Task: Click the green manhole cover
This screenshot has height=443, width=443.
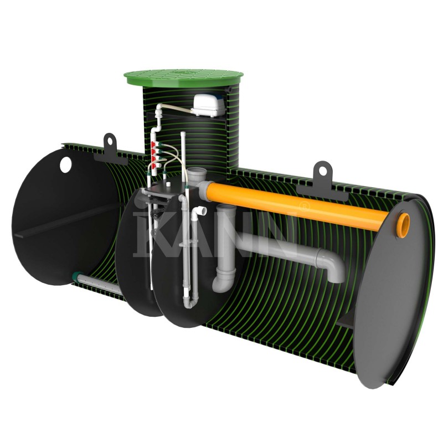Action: pyautogui.click(x=184, y=77)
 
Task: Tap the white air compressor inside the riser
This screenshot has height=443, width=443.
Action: pyautogui.click(x=208, y=106)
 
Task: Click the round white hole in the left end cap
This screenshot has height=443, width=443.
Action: pyautogui.click(x=65, y=164)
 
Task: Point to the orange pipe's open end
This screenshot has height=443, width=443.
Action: pyautogui.click(x=403, y=223)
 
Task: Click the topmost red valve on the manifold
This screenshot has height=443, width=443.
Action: pyautogui.click(x=154, y=145)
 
